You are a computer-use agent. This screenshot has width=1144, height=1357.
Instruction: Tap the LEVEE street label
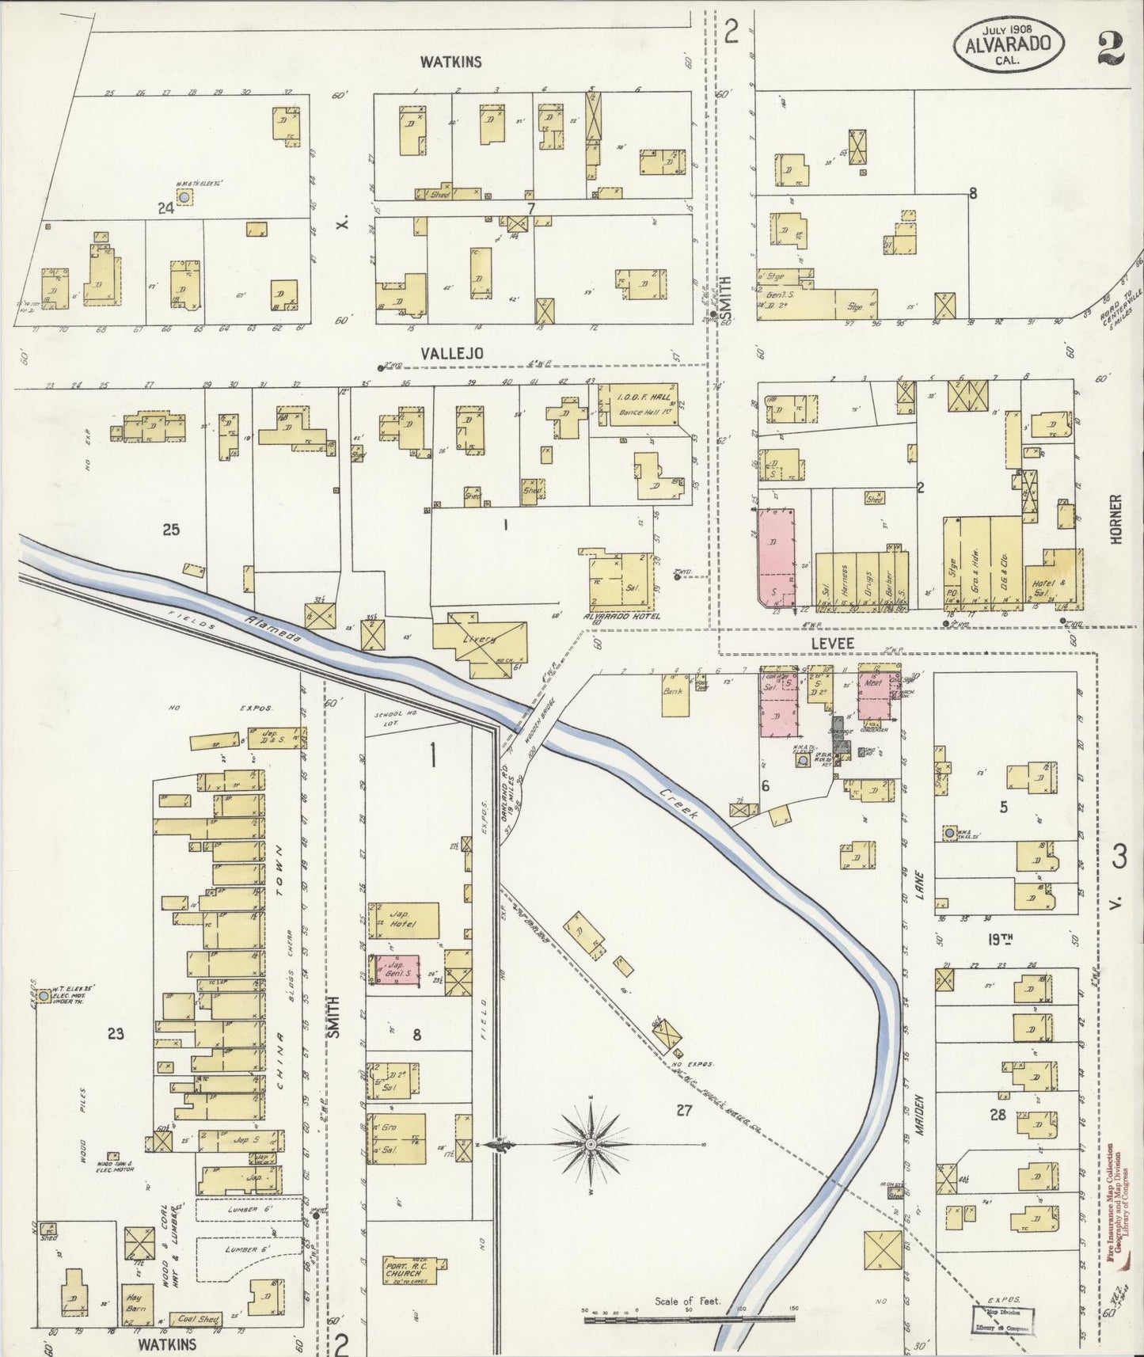(833, 644)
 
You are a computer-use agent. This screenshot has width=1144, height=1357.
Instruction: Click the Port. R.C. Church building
(407, 1268)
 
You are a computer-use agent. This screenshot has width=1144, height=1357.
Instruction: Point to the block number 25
(171, 530)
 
